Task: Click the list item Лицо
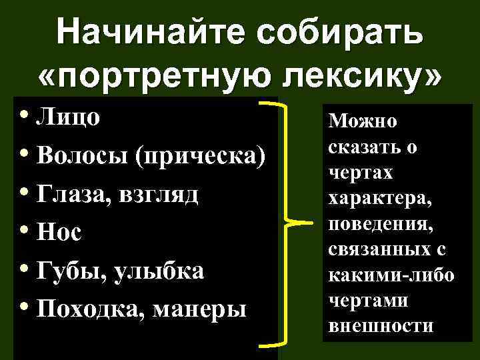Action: (69, 117)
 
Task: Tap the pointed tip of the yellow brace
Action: (313, 222)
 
